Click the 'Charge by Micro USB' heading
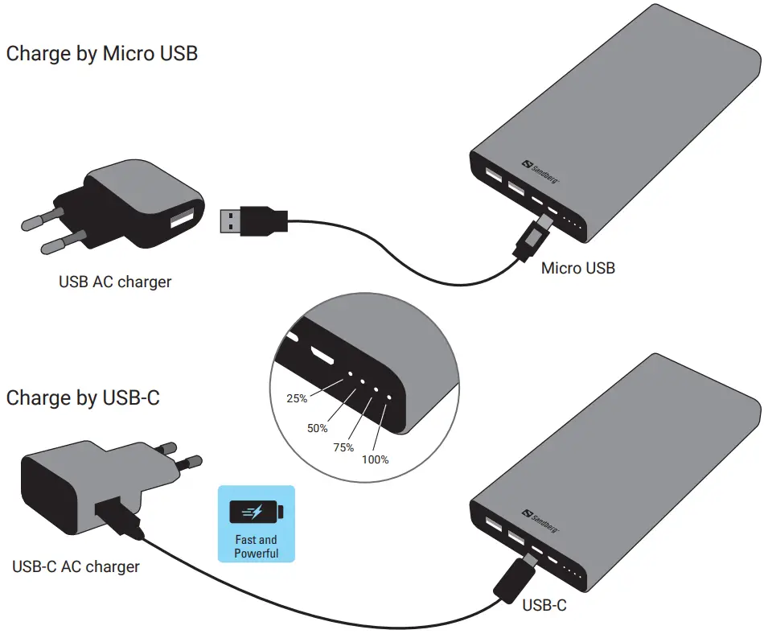pos(101,54)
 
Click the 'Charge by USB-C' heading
pos(83,397)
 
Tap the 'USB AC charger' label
pos(115,282)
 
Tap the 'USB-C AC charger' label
pos(76,566)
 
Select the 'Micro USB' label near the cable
pos(577,268)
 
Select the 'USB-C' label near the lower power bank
pos(544,605)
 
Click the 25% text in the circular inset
pos(297,397)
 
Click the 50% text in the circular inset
pos(318,428)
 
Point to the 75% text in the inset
pos(343,447)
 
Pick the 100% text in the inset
pos(374,459)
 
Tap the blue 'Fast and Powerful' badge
pos(257,523)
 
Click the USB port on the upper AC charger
pos(182,219)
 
